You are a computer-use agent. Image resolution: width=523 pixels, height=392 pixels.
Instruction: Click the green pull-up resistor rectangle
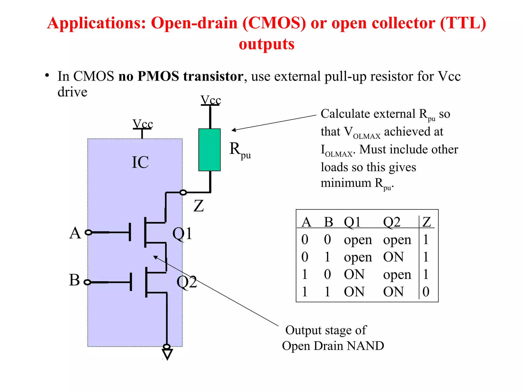209,150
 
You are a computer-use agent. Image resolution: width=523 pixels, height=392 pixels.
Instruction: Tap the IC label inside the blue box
140,162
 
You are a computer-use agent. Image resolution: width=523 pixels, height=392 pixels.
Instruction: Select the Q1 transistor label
182,234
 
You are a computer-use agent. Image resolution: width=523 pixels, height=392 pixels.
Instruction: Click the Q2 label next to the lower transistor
187,282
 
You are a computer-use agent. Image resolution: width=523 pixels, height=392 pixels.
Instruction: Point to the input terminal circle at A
88,232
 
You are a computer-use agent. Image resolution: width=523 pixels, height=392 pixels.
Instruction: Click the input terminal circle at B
87,282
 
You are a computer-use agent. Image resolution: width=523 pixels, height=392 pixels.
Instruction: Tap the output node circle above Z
183,192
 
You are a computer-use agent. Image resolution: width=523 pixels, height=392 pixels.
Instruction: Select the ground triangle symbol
167,354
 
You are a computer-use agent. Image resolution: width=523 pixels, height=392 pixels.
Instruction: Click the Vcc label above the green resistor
211,100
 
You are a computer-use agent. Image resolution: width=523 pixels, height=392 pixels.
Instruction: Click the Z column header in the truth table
427,222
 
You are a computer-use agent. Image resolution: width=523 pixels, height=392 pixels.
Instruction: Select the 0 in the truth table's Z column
426,292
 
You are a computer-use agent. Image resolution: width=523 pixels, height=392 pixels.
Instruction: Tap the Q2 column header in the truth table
392,222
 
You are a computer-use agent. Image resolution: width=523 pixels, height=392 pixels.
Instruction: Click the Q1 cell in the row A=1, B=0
354,274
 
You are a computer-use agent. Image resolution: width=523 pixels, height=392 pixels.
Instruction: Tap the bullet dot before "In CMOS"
47,76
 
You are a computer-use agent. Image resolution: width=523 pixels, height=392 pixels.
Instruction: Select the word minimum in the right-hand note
346,183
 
